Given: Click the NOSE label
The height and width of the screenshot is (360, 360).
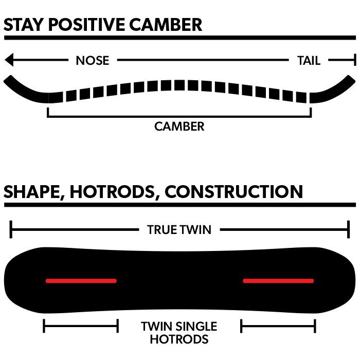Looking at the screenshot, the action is tap(93, 61).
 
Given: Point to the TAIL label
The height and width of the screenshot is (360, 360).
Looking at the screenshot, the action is tap(309, 61).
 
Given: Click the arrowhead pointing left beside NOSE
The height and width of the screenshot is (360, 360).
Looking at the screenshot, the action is tap(9, 60).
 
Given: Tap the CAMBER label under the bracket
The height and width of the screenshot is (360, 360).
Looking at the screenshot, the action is tap(179, 126).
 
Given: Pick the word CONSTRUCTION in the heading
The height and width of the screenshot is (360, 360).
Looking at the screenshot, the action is tap(234, 192).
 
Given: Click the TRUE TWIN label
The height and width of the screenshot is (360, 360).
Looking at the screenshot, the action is tap(179, 229).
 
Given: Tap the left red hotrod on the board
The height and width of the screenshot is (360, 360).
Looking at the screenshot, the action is tap(81, 281).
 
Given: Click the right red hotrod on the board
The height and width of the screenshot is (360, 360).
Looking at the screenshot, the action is tap(278, 281).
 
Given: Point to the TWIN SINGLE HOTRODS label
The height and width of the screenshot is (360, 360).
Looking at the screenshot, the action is tap(179, 333).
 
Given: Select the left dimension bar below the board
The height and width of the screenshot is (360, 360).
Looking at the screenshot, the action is tap(81, 326).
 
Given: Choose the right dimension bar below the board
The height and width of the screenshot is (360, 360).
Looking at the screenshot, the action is tap(278, 326).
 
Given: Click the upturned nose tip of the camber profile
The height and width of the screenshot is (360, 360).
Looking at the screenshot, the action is tap(9, 81).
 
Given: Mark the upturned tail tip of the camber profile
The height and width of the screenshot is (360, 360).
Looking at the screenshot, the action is tap(350, 81).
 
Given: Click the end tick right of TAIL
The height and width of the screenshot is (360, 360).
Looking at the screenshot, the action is tap(354, 60).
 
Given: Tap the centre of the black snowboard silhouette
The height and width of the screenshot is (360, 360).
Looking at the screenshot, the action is tap(179, 280).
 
